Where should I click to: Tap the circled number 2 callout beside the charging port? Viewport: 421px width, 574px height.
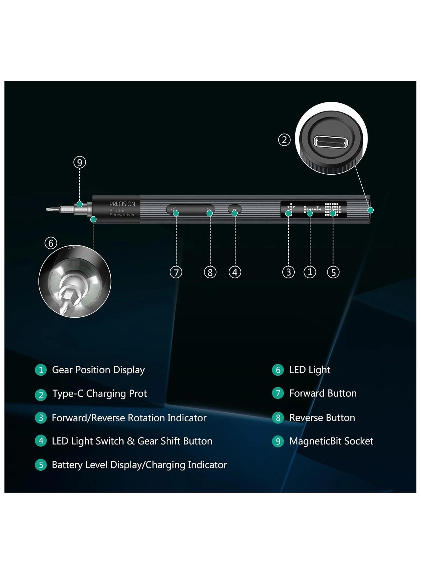click(284, 140)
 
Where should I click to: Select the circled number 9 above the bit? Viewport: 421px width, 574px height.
click(80, 162)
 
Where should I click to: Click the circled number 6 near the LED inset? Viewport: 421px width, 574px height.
click(51, 243)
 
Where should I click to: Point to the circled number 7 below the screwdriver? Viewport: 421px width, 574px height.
click(176, 272)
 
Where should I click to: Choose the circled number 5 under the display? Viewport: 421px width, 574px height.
click(333, 272)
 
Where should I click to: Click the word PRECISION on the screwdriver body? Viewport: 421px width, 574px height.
click(122, 204)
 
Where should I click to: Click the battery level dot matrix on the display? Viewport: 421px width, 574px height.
click(333, 209)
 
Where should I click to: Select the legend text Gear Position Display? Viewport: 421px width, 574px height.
click(98, 370)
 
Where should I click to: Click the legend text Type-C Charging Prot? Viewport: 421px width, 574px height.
click(100, 393)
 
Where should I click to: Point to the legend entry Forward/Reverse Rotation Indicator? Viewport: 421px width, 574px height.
click(129, 418)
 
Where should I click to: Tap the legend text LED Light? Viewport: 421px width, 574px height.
click(310, 370)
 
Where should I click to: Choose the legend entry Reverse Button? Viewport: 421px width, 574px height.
click(322, 417)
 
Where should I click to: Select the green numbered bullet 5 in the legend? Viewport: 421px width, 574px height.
click(41, 465)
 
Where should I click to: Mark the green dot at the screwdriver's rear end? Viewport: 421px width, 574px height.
click(370, 210)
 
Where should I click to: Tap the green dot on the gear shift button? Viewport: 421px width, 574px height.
click(235, 213)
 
